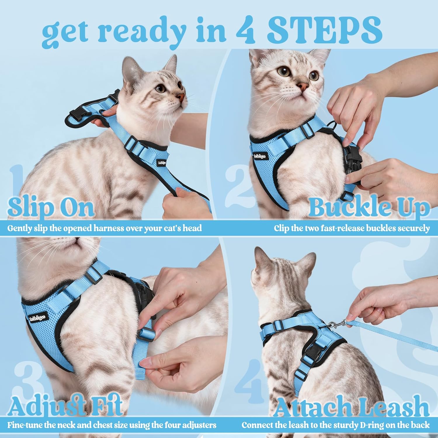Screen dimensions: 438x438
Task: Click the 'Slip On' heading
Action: (x=51, y=208)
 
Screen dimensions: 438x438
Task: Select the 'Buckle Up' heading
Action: (x=369, y=208)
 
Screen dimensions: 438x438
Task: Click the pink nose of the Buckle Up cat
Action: (x=303, y=86)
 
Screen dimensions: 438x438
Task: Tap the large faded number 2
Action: (x=238, y=182)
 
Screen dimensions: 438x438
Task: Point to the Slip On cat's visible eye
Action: (x=160, y=88)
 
